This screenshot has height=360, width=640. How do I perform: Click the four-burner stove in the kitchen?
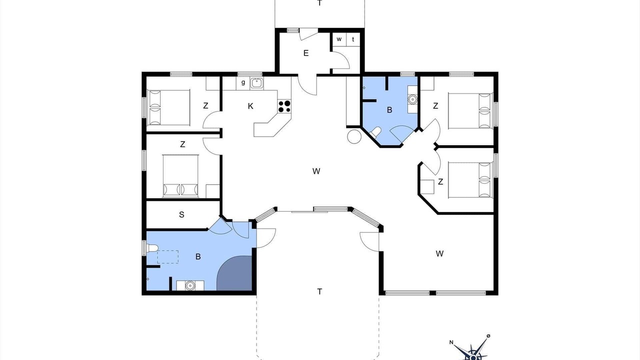coord(284,106)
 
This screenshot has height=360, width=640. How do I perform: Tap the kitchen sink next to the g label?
coord(257,83)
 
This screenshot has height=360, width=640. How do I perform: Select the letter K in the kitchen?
coord(250,106)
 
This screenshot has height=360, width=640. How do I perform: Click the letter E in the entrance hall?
coord(306,53)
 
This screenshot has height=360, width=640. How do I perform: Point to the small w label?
coord(339,39)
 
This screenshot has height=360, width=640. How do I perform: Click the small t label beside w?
coord(353,39)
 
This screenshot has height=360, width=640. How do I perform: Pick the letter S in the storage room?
coord(181,214)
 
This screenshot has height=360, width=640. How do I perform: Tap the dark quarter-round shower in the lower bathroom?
coord(235,273)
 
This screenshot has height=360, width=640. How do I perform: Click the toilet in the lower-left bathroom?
coord(152,248)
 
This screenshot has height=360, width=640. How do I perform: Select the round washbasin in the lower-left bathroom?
coord(190,285)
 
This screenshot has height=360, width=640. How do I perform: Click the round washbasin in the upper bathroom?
coord(412,99)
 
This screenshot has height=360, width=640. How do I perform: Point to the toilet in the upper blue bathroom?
coord(375,132)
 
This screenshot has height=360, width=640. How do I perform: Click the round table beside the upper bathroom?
coord(354,136)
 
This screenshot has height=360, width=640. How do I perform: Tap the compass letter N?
coord(451,342)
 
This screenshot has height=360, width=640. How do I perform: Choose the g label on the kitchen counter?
coord(243,82)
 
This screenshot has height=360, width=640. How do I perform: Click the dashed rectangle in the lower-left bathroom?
coord(168,257)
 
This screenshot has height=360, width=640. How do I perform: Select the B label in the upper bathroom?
coord(389,110)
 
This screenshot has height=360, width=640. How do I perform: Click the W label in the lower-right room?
coord(439,253)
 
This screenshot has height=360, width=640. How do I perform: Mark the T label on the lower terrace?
coord(319,291)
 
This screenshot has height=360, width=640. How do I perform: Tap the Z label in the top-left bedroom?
coord(205,105)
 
